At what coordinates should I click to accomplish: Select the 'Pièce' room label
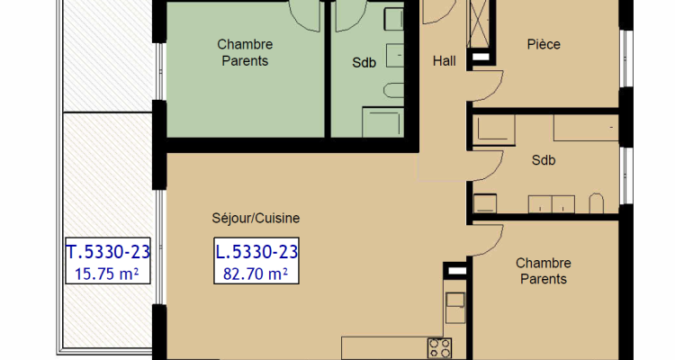click(x=543, y=43)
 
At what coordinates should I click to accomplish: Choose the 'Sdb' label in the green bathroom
click(x=364, y=63)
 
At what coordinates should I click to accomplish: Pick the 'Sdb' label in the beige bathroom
click(x=543, y=162)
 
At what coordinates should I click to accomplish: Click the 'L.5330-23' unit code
click(x=256, y=251)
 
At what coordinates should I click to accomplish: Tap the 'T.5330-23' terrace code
click(x=108, y=251)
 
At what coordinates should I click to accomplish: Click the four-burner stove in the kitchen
click(x=438, y=348)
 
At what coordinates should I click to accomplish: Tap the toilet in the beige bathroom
click(x=596, y=203)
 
